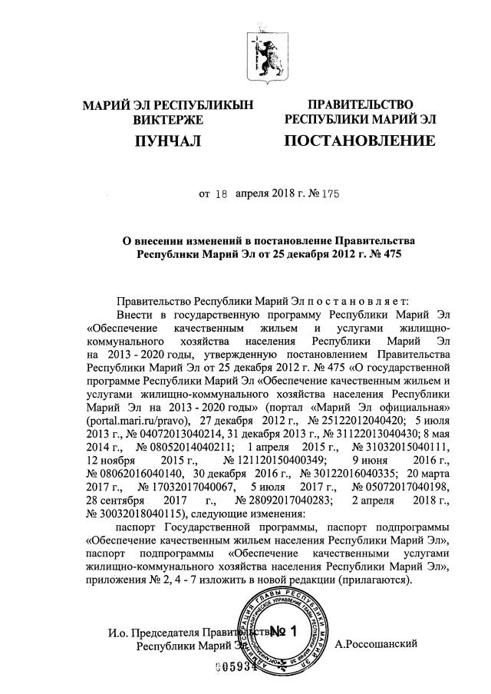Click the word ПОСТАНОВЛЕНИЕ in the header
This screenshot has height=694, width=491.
pos(360,141)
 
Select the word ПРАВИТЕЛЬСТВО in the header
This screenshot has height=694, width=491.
pos(360,104)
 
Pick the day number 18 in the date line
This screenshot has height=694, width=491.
pos(220,194)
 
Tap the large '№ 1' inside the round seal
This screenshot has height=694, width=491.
pos(282,632)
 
